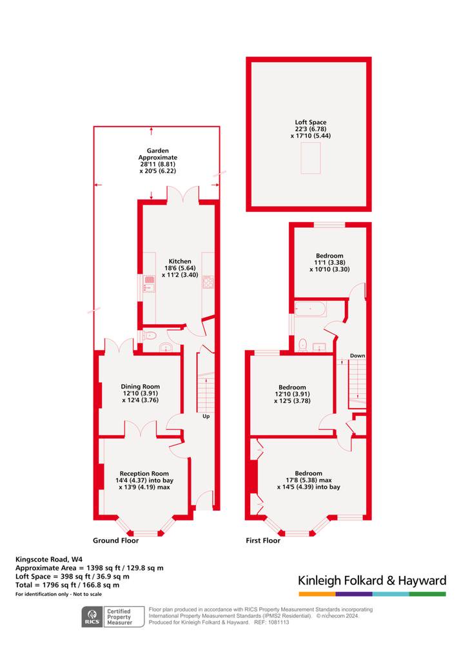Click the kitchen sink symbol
point(149,283)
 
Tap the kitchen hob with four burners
point(208,282)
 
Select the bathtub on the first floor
point(311,309)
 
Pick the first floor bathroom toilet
point(303,345)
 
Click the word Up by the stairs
point(206,416)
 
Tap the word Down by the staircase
point(357,356)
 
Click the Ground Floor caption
point(115,540)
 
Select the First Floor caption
point(263,540)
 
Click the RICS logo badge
point(92,617)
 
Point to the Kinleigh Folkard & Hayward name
point(372,580)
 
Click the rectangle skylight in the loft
point(311,158)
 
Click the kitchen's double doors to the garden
point(182,194)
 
